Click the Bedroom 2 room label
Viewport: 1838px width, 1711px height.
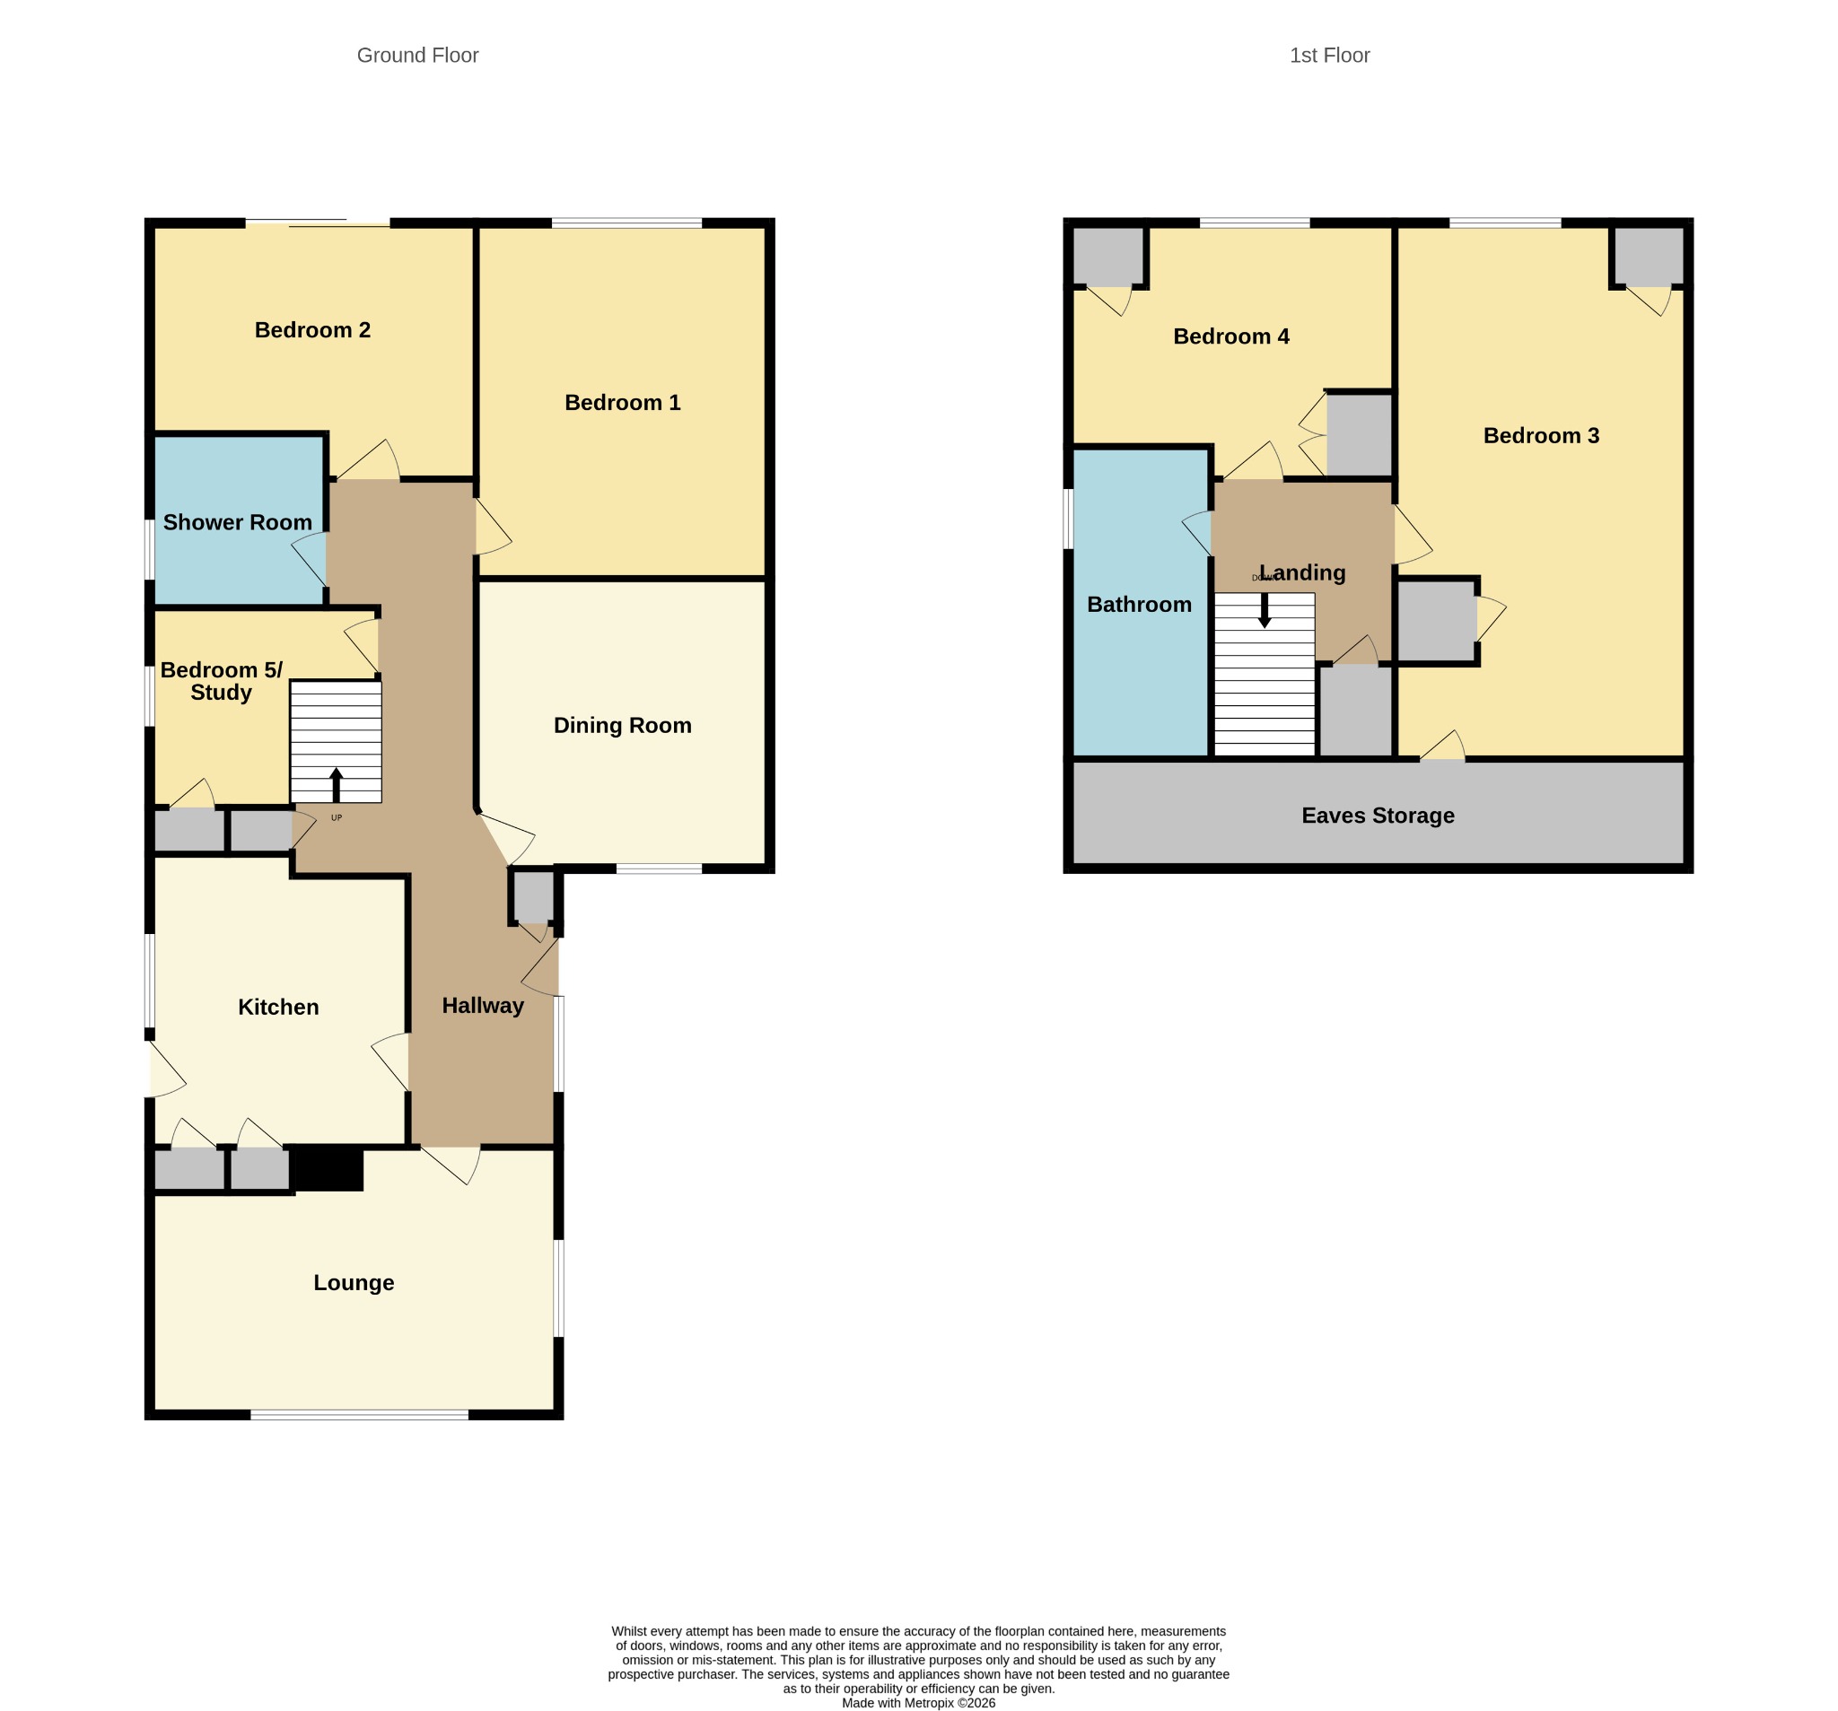coord(312,330)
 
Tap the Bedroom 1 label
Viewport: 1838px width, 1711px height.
coord(622,402)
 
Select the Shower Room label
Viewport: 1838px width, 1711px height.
coord(238,522)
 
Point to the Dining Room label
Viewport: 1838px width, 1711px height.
coord(622,726)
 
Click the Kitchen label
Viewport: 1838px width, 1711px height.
coord(278,1007)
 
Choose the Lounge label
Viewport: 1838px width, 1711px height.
coord(354,1283)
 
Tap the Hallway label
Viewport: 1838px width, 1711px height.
coord(483,1006)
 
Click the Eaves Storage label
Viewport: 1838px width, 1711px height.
coord(1378,816)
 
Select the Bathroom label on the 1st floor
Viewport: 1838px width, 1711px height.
coord(1139,605)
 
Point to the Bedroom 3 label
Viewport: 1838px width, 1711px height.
coord(1541,435)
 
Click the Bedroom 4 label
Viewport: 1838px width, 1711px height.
coord(1230,336)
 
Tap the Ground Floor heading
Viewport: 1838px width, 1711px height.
coord(418,56)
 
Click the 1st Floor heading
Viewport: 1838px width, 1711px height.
coord(1329,56)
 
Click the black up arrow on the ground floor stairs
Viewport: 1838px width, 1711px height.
coord(337,785)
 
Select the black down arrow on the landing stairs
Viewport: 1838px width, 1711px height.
coord(1265,611)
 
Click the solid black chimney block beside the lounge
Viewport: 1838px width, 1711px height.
coord(327,1168)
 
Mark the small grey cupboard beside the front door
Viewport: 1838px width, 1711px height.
coord(532,896)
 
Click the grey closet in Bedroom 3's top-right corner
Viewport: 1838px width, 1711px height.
coord(1650,256)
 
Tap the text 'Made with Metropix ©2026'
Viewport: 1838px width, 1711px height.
coord(918,1702)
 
